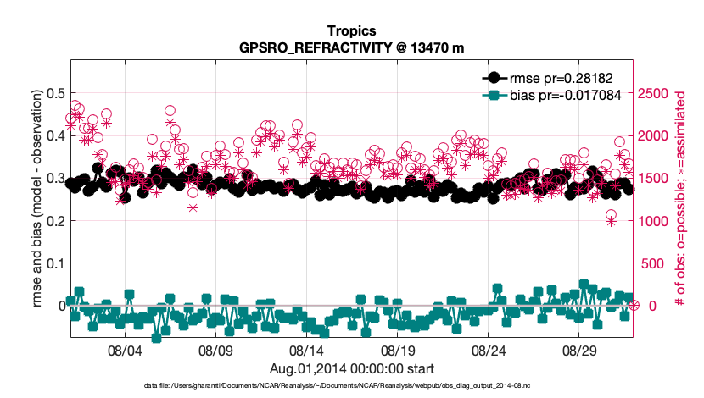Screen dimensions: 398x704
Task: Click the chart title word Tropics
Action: pos(351,30)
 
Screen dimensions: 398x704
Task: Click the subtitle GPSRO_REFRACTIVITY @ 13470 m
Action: pos(351,47)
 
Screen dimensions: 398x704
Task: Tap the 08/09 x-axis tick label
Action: pos(215,349)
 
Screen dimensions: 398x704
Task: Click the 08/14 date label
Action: pos(306,349)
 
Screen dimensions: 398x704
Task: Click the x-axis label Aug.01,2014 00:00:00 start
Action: pos(351,368)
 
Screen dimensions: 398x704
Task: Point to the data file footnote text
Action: pos(351,385)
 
